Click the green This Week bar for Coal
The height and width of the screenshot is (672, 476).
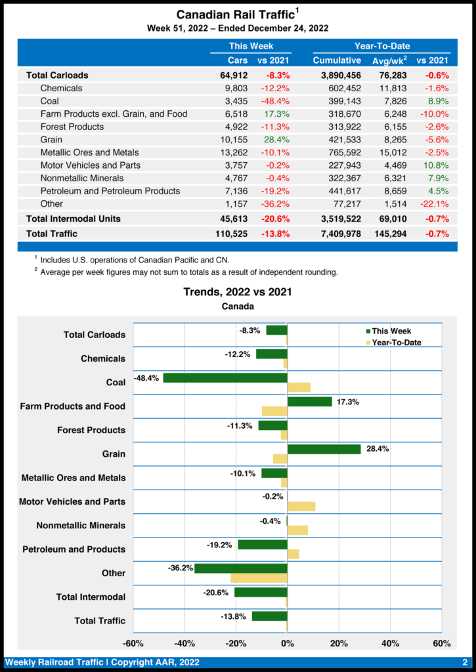pos(225,378)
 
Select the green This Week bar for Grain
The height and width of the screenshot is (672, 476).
pos(324,450)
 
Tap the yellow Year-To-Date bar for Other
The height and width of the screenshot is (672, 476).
pos(259,578)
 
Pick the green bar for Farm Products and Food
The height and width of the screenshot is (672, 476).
pos(310,402)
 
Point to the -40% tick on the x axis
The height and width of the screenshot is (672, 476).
pos(184,642)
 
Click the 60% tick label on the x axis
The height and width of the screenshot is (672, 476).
pos(442,642)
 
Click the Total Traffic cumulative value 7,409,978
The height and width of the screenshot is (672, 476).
pos(337,233)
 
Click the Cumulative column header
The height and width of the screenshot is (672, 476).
pos(337,60)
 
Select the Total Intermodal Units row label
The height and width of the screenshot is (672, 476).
pos(74,219)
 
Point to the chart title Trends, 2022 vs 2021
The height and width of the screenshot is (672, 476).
pos(237,292)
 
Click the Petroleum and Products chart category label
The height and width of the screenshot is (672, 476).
pos(74,549)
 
